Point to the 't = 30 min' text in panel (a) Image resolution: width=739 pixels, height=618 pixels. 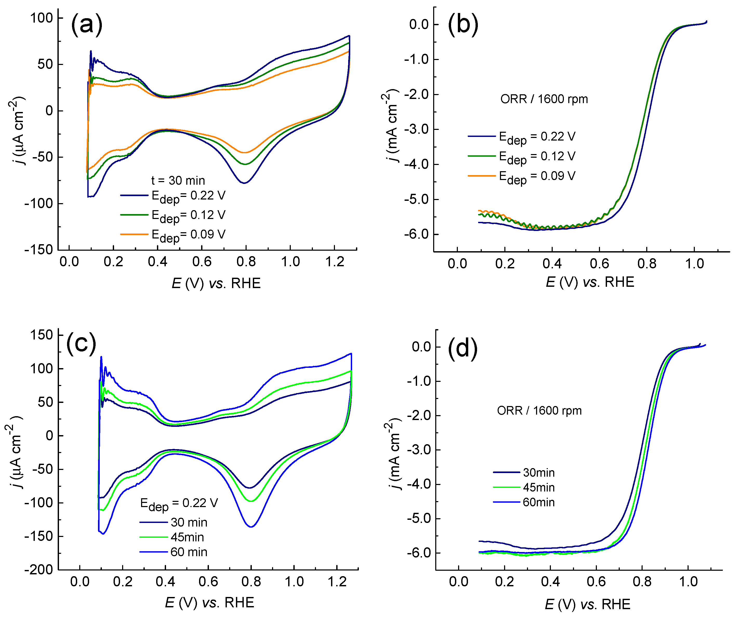point(178,181)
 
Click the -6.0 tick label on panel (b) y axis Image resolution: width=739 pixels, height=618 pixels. point(416,234)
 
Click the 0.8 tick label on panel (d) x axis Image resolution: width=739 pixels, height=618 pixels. point(642,582)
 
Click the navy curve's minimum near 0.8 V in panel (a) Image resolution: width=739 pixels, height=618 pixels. point(244,183)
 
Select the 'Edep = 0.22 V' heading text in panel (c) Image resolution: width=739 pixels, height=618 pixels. point(179,504)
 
